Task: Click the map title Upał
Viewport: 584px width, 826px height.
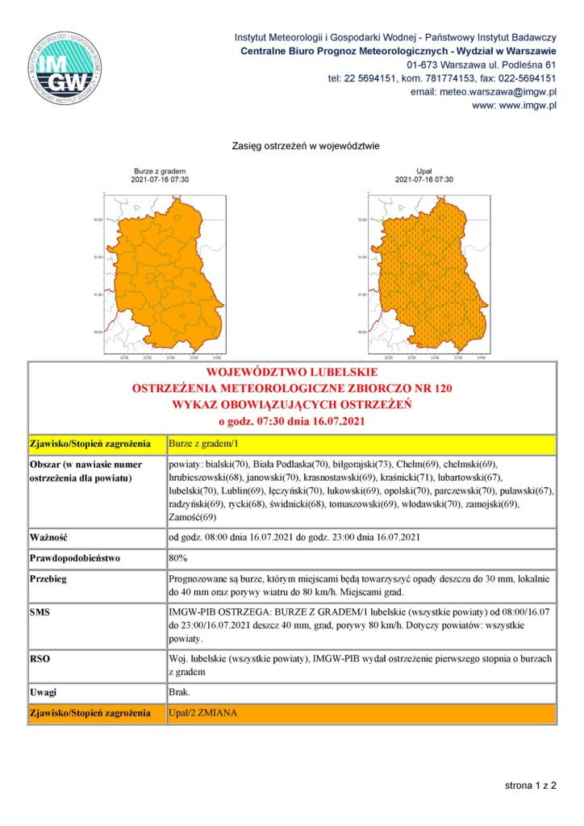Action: click(x=423, y=172)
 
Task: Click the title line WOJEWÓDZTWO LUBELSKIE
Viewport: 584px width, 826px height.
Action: click(x=293, y=373)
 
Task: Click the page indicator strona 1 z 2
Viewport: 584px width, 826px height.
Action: click(x=529, y=784)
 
